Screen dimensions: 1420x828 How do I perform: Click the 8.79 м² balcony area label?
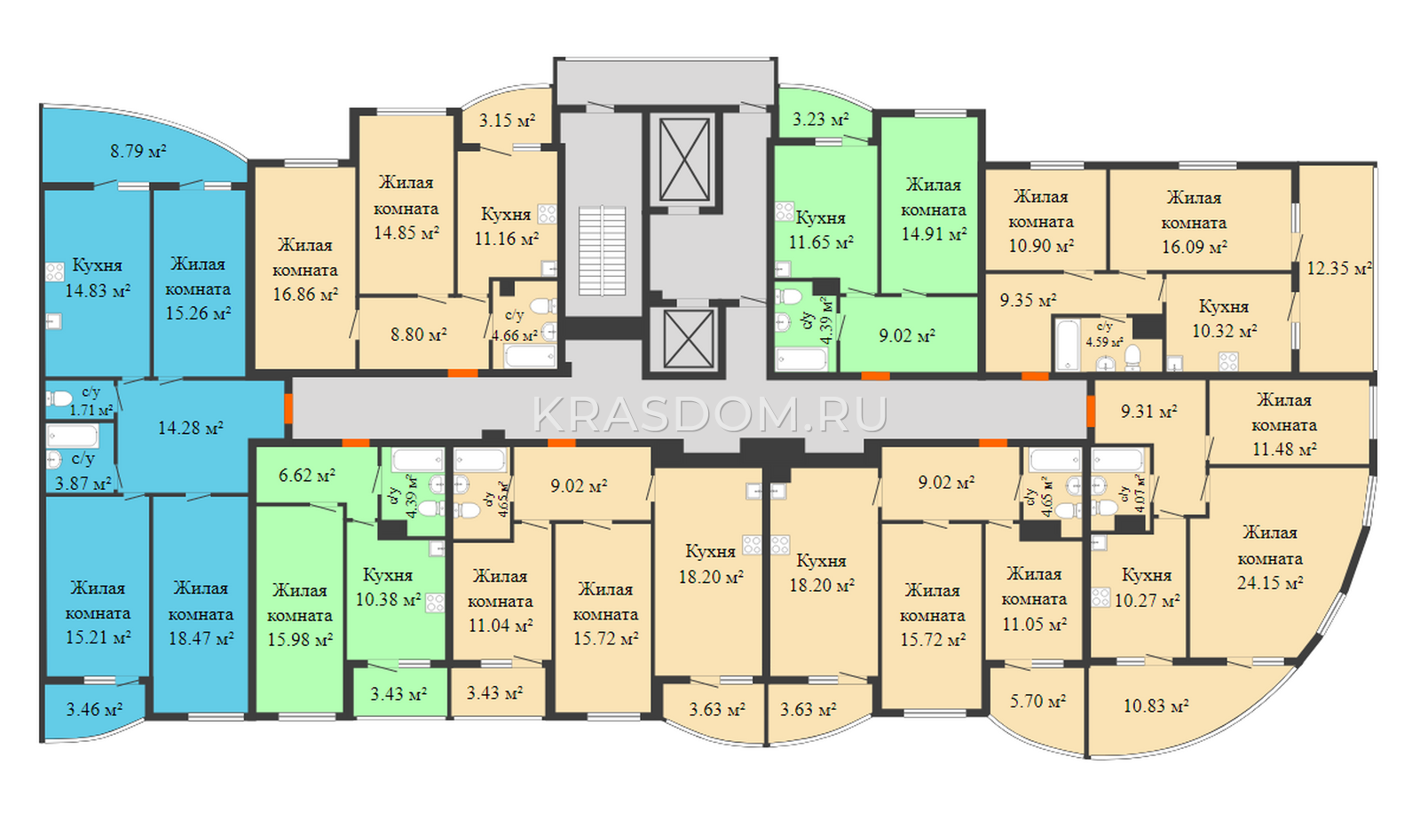(138, 152)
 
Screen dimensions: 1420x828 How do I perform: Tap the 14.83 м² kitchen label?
(98, 278)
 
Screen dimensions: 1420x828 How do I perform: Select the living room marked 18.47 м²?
(201, 613)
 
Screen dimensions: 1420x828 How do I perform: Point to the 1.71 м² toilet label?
(91, 402)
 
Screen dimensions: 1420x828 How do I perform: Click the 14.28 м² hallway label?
(190, 428)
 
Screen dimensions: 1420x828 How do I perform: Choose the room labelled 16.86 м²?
(305, 270)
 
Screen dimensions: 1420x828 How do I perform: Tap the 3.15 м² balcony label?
(507, 120)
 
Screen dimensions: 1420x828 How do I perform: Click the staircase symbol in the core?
(602, 250)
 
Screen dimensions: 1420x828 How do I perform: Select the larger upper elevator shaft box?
(684, 160)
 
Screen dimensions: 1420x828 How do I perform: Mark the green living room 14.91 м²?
(934, 209)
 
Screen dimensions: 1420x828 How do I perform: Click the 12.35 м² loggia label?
(1339, 268)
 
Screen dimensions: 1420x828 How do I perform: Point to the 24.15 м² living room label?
(1270, 558)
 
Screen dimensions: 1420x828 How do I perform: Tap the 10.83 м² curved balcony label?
(1156, 706)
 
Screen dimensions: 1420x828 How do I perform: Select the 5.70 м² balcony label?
(1037, 701)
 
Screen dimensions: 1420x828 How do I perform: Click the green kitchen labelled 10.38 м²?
(388, 587)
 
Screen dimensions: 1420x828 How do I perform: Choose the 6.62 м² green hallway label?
(307, 475)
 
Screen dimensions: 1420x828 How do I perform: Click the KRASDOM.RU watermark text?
(710, 414)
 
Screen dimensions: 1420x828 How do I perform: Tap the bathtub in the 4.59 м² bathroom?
(1067, 345)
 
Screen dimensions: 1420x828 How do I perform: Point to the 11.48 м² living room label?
(1284, 425)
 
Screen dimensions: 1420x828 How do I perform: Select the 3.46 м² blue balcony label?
(94, 709)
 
